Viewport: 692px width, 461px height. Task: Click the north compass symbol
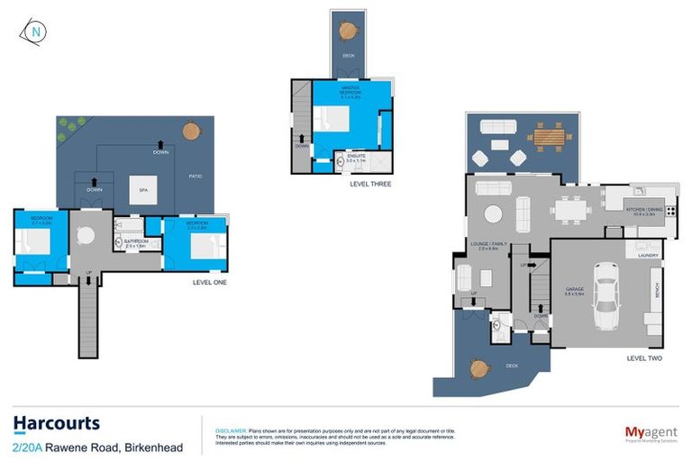click(34, 31)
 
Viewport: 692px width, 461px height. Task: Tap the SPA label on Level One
click(142, 190)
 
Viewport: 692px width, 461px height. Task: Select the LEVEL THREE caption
click(370, 184)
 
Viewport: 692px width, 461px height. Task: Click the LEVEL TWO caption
click(644, 358)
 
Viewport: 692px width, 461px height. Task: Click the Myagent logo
click(651, 432)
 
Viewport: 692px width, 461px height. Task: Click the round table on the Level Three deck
click(348, 30)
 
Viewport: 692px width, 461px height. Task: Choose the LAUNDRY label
click(648, 255)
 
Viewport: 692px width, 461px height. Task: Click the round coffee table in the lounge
click(494, 214)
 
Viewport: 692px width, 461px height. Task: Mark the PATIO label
click(195, 176)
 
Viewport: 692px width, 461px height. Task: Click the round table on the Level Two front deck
click(479, 367)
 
